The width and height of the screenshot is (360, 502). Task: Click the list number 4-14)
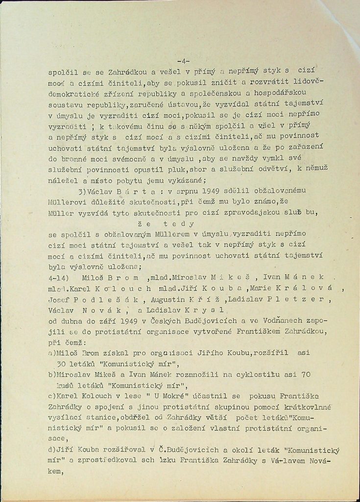pyautogui.click(x=60, y=276)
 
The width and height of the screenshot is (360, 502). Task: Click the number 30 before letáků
pyautogui.click(x=64, y=363)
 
